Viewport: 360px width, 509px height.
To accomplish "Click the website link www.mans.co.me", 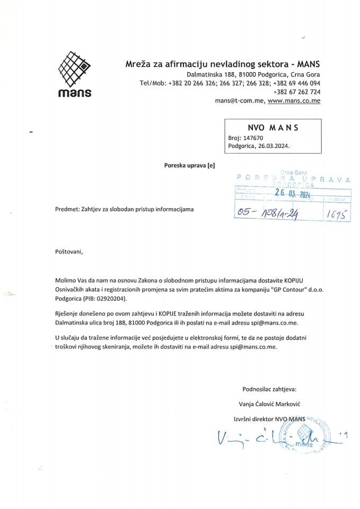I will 294,100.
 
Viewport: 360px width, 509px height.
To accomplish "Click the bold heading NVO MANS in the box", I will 273,128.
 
